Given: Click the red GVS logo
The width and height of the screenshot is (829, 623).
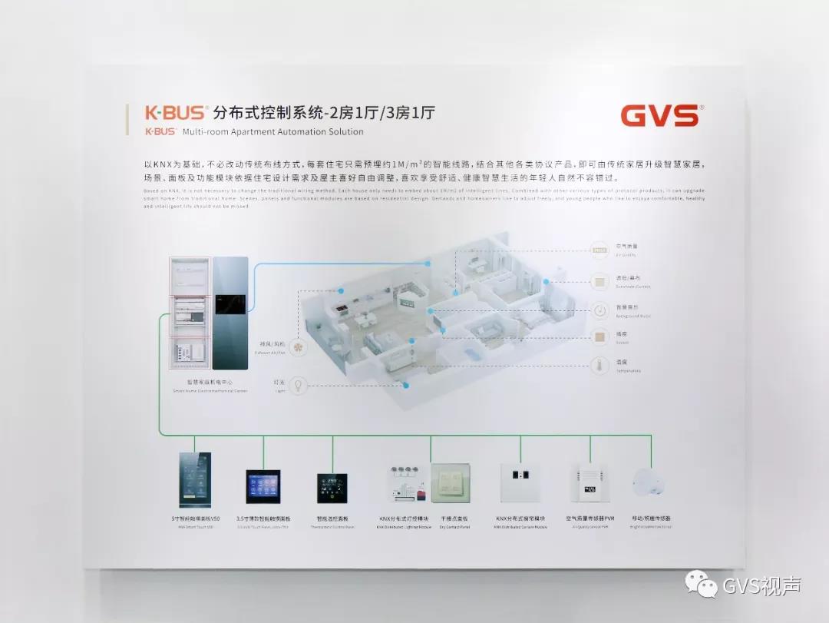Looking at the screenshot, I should point(659,115).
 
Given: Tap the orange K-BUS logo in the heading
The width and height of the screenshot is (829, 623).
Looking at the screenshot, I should point(175,113).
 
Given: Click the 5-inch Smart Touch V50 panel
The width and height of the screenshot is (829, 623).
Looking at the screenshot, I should point(195,480).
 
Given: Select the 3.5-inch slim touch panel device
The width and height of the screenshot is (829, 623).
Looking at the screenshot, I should point(263,486).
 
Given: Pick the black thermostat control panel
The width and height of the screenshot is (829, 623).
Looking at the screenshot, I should point(332,488).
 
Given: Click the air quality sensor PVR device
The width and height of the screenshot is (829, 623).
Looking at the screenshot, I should point(590,482).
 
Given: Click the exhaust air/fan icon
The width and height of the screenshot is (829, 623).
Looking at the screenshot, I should point(299,347).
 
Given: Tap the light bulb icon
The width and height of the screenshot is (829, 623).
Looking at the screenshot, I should point(299,385).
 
